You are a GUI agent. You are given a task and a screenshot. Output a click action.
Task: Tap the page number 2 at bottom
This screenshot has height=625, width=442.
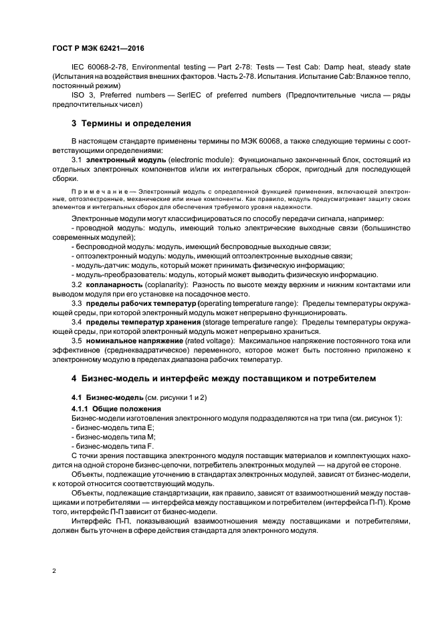tap(53, 571)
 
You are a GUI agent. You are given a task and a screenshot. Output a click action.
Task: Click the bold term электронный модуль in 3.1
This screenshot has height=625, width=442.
tap(116, 161)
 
